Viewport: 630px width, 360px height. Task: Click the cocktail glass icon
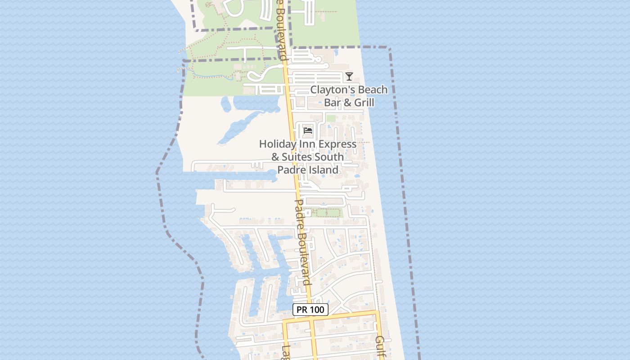coord(349,76)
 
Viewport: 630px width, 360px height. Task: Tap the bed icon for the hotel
coord(308,130)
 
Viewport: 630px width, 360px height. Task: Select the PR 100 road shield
coord(310,310)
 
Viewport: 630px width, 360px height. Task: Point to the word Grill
coord(364,103)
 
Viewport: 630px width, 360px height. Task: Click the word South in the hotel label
coord(329,157)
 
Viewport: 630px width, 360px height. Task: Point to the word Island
coord(323,170)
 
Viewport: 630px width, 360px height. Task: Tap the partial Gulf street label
coord(381,346)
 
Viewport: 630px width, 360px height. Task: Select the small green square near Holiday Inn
coord(331,118)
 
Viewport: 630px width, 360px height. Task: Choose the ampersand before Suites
coord(275,157)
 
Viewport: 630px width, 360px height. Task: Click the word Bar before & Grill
coord(332,103)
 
